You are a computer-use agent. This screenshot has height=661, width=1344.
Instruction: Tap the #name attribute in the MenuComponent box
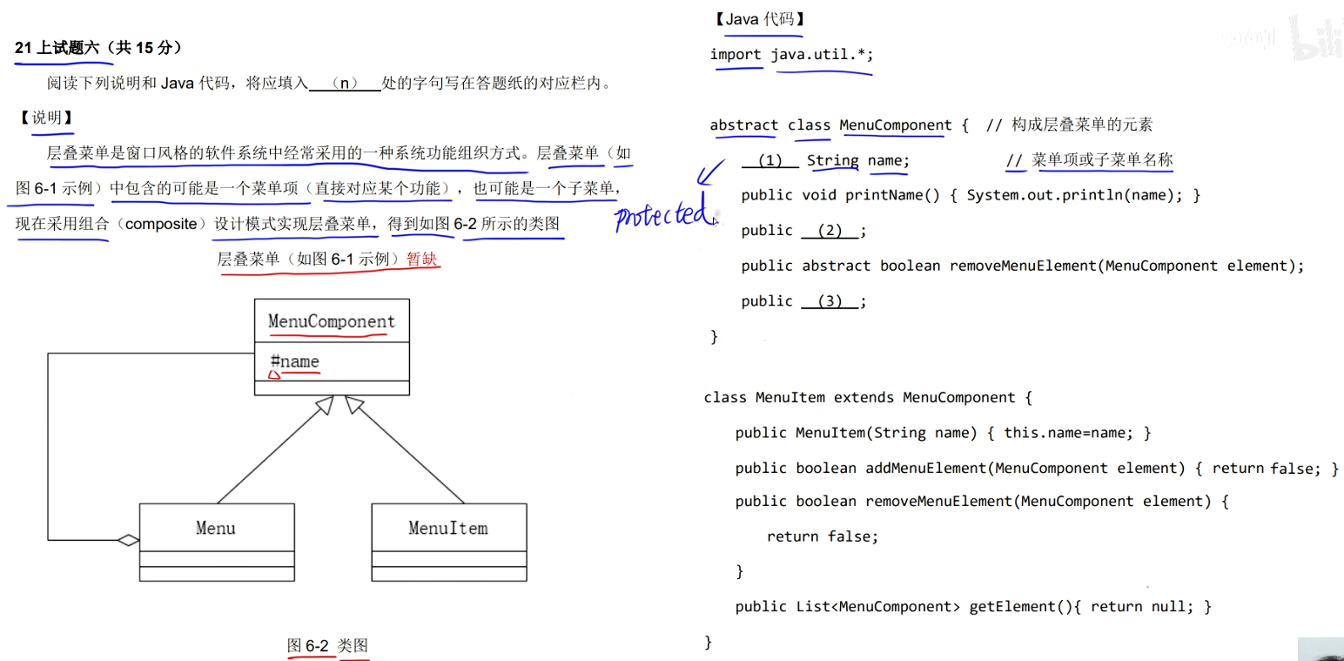pyautogui.click(x=295, y=361)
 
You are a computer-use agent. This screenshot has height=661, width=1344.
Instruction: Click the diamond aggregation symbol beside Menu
pyautogui.click(x=129, y=540)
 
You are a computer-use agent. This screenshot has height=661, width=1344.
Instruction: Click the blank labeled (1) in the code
pyautogui.click(x=770, y=160)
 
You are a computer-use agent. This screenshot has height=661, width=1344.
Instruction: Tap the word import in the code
pyautogui.click(x=736, y=55)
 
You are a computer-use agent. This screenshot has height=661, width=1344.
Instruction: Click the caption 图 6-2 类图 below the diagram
pyautogui.click(x=328, y=645)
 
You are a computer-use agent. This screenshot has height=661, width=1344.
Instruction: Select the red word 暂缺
pyautogui.click(x=424, y=259)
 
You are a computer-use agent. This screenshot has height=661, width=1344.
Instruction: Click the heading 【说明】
pyautogui.click(x=46, y=118)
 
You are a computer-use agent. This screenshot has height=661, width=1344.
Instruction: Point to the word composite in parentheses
pyautogui.click(x=161, y=224)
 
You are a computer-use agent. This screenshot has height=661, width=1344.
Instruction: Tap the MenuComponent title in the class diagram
pyautogui.click(x=331, y=321)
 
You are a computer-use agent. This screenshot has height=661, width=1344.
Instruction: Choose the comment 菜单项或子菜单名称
pyautogui.click(x=1102, y=160)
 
